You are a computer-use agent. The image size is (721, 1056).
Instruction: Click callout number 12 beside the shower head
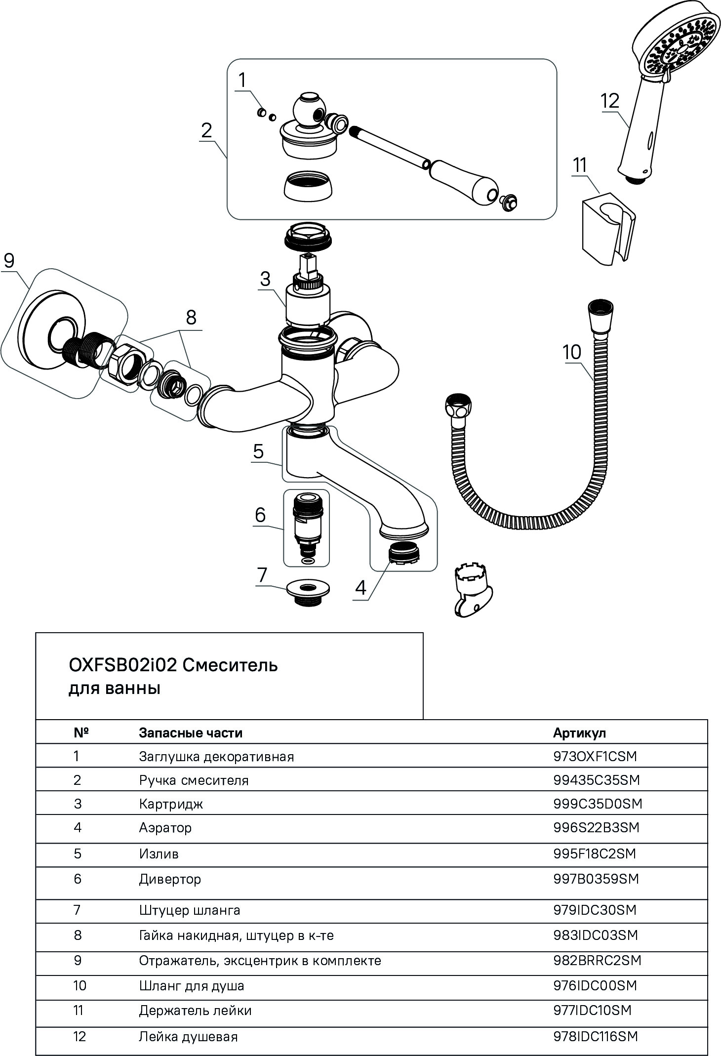[x=610, y=101]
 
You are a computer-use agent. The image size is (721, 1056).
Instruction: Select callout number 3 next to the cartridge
[x=266, y=279]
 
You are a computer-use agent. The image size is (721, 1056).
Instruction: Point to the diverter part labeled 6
[x=307, y=527]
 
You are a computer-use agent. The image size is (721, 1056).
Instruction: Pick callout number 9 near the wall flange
[x=9, y=260]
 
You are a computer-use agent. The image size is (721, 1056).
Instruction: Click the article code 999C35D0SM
[x=598, y=804]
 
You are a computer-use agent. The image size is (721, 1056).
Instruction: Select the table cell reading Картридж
[x=171, y=804]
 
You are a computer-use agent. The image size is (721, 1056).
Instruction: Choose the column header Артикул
[x=579, y=732]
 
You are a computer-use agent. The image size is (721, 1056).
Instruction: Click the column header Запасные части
[x=191, y=732]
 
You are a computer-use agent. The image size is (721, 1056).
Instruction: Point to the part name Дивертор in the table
[x=170, y=879]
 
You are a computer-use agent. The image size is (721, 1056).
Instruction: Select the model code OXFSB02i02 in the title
[x=122, y=665]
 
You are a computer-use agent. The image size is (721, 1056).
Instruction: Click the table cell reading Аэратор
[x=165, y=827]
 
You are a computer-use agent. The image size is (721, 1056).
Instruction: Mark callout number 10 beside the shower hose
[x=572, y=352]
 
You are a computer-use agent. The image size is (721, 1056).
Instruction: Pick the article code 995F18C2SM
[x=595, y=853]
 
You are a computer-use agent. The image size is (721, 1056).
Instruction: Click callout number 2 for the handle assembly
[x=206, y=130]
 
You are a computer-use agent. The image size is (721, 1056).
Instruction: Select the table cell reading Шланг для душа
[x=192, y=986]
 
